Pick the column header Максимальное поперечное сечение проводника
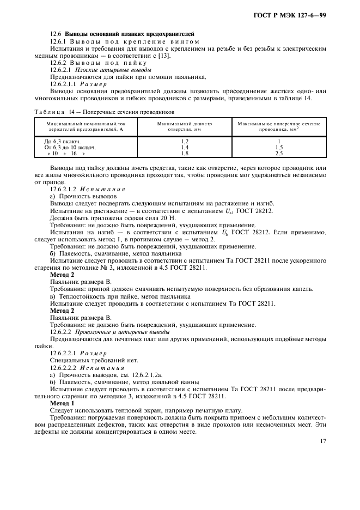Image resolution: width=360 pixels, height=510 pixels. pos(278,127)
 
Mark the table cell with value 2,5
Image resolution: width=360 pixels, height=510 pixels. pos(278,154)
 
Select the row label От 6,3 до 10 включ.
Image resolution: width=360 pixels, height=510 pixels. pos(70,148)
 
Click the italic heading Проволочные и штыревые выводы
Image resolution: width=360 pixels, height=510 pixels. pos(123,331)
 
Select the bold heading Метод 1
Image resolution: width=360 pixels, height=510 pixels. pos(63,403)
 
